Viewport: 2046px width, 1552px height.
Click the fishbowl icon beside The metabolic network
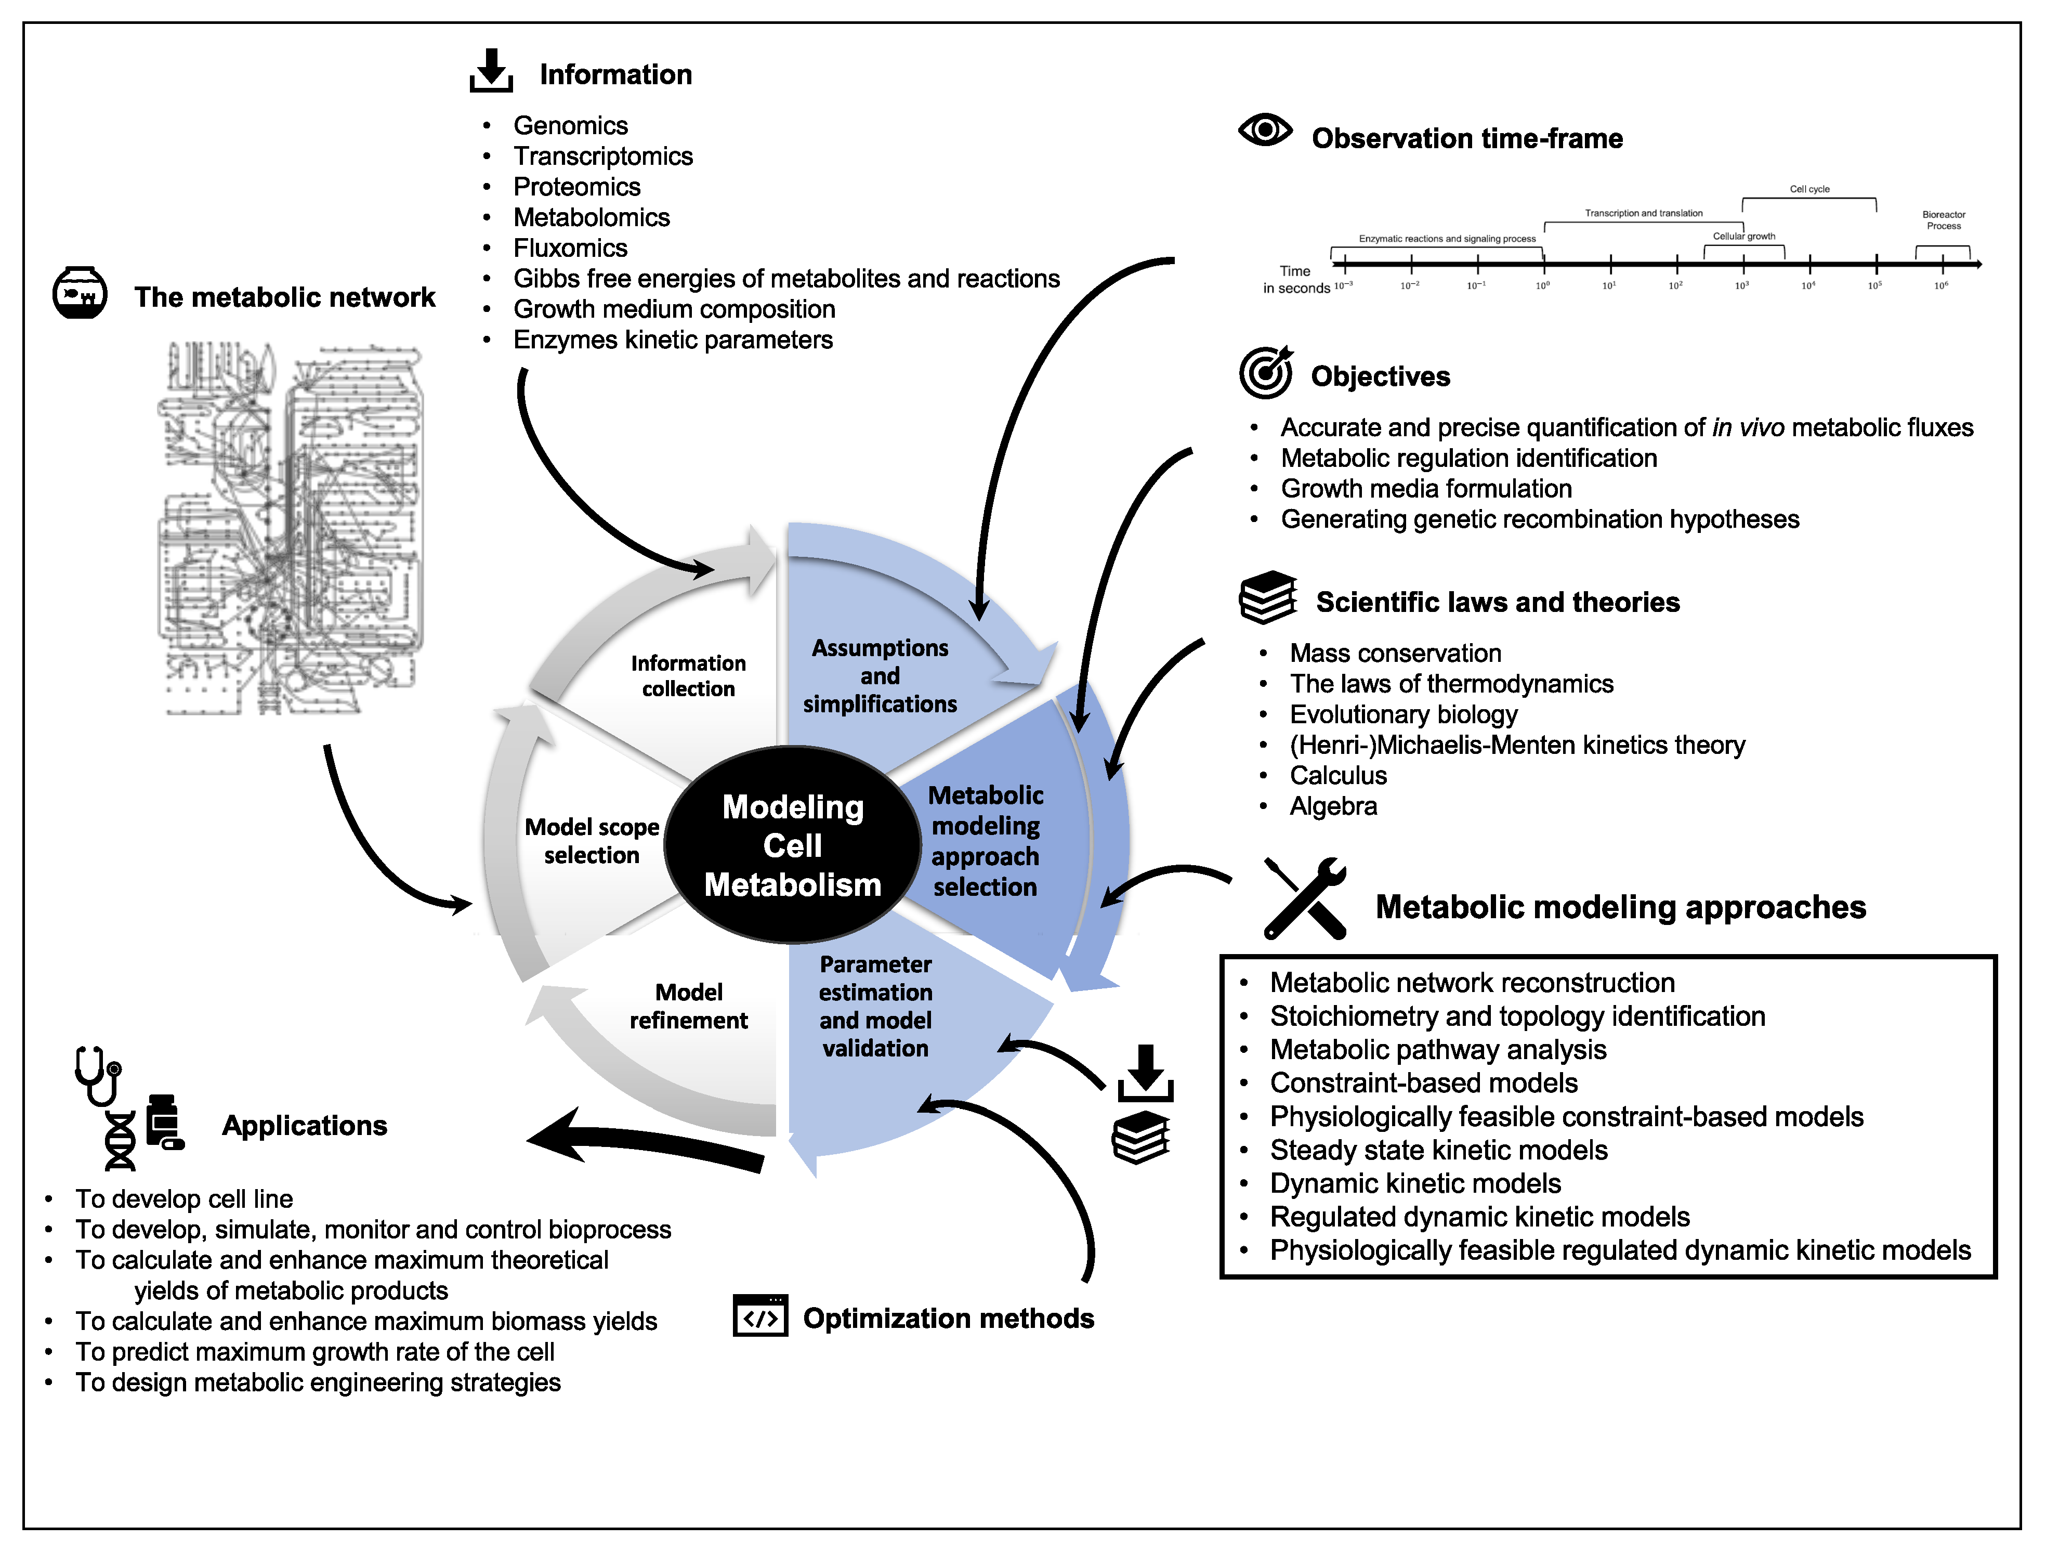coord(80,293)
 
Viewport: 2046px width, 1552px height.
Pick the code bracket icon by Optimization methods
coord(759,1315)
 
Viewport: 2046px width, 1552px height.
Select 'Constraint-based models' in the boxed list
coord(1423,1083)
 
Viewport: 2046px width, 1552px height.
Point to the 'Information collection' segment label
coord(688,676)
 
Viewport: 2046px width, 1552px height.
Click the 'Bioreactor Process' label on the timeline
coord(1943,220)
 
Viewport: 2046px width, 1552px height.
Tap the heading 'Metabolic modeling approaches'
coord(1620,907)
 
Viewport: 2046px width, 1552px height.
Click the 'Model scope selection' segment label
coord(592,841)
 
